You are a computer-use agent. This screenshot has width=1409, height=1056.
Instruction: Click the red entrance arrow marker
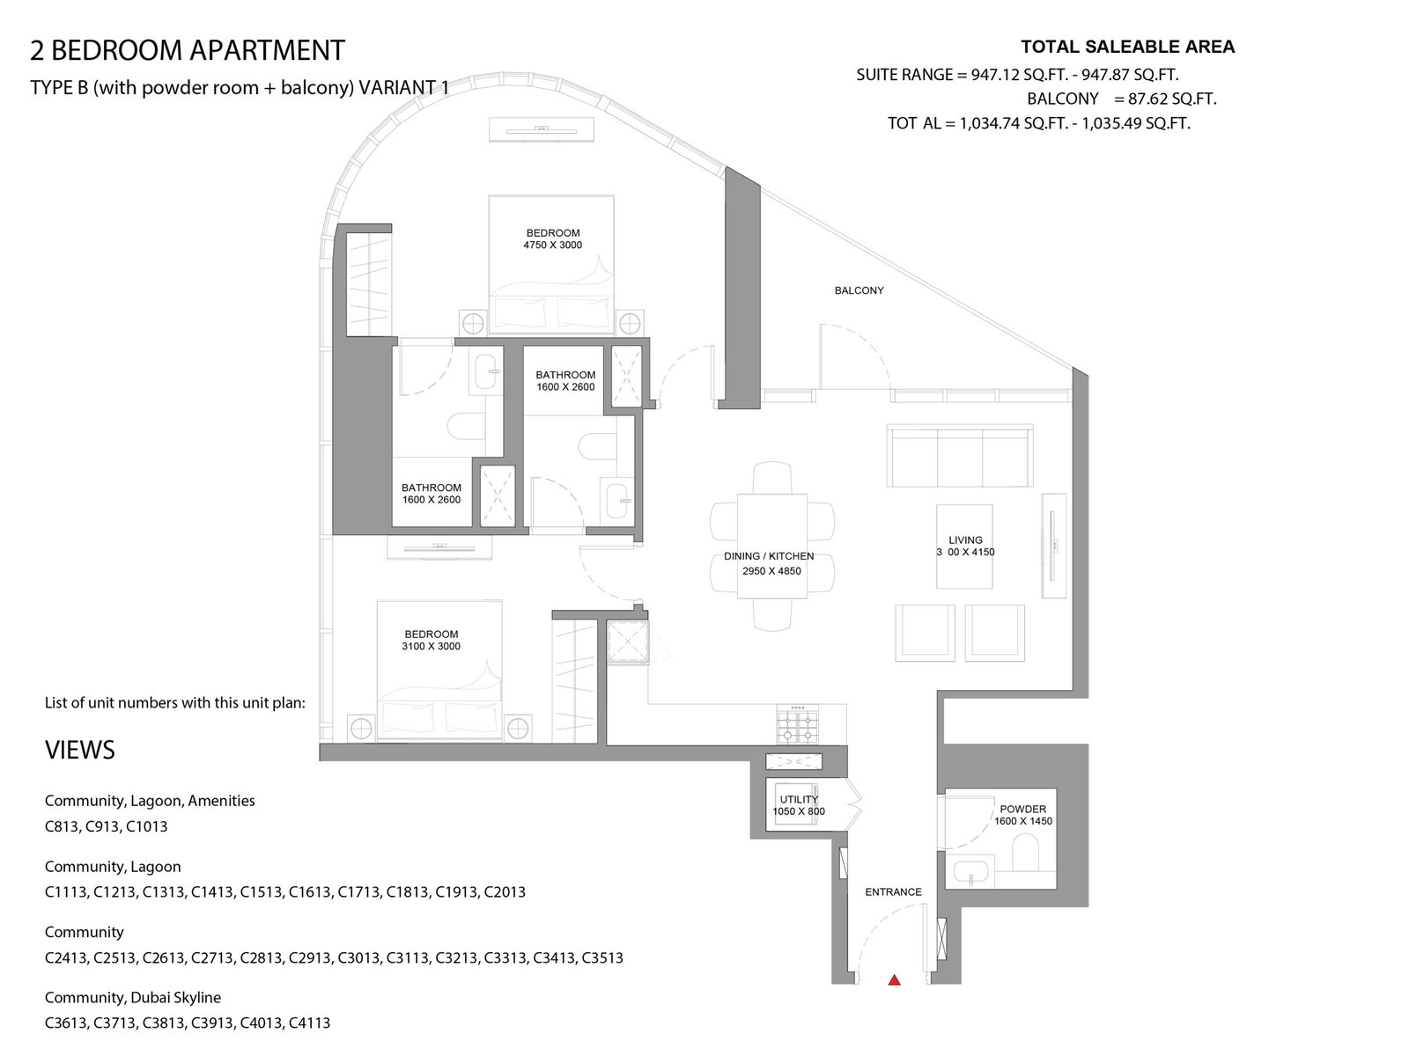[x=894, y=979]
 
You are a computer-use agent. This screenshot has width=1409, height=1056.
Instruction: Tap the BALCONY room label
[x=859, y=290]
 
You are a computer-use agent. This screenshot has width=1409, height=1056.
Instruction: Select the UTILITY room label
[x=799, y=799]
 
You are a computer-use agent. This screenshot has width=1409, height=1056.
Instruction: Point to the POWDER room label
[x=1022, y=809]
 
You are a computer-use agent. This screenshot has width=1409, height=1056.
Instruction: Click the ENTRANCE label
[x=893, y=891]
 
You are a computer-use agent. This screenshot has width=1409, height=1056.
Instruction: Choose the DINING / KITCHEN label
[x=769, y=556]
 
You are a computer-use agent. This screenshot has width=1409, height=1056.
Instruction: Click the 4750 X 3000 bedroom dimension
[x=553, y=245]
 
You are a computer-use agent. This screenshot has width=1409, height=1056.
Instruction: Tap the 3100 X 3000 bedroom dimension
[x=432, y=646]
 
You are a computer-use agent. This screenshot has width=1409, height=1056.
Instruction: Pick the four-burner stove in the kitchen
[x=798, y=724]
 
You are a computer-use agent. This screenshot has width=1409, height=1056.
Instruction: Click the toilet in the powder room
[x=1025, y=853]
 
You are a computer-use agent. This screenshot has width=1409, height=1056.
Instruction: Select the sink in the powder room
[x=970, y=872]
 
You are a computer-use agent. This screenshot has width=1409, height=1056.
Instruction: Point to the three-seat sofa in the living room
[x=960, y=455]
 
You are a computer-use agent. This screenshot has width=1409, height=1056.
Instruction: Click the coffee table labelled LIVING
[x=964, y=546]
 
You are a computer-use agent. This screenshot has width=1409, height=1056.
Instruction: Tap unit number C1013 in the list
[x=146, y=825]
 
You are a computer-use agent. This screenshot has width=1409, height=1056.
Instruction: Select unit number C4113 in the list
[x=309, y=1023]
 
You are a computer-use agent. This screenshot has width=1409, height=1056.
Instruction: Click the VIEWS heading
[x=79, y=750]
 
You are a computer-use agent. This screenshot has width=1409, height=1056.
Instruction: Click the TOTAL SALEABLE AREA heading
[x=1128, y=47]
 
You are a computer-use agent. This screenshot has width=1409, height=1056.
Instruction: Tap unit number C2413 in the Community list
[x=65, y=957]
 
